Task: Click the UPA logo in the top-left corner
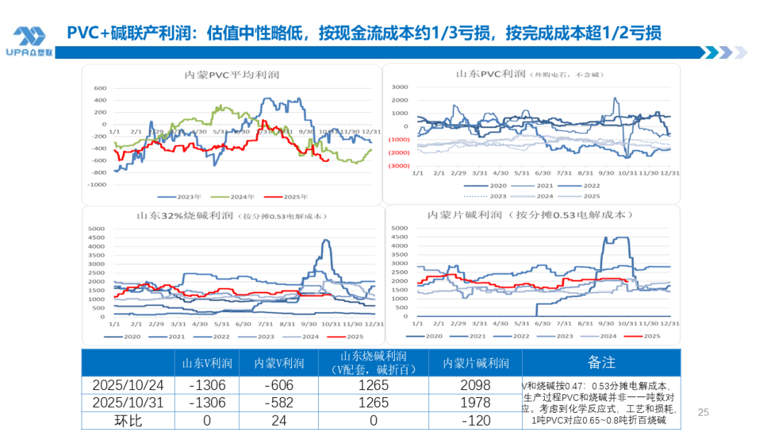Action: click(29, 41)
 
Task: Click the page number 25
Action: click(704, 412)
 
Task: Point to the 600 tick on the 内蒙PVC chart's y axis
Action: click(99, 89)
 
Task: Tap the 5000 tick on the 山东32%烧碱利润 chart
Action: click(96, 229)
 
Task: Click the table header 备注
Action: click(601, 362)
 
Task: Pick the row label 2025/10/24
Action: click(128, 385)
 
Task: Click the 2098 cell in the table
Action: click(475, 385)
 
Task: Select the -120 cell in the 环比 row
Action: click(475, 421)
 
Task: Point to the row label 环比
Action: click(128, 421)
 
